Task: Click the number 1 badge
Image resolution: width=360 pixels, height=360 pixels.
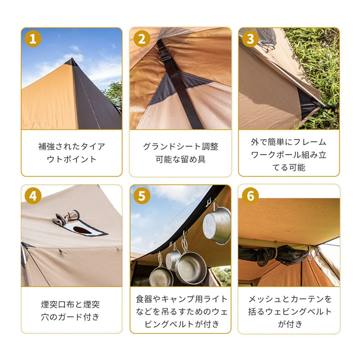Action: (x=33, y=39)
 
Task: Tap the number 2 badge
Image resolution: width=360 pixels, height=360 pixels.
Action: (x=141, y=39)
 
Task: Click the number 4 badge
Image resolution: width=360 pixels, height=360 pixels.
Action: (x=33, y=196)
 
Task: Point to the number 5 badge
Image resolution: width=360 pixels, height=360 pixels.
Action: (x=141, y=196)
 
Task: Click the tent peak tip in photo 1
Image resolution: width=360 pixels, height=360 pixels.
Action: (x=71, y=58)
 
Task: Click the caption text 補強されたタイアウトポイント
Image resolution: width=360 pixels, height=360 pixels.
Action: (x=72, y=153)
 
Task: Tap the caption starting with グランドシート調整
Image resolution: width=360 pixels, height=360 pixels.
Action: (x=180, y=153)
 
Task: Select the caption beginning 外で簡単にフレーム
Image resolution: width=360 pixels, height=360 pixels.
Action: (x=288, y=155)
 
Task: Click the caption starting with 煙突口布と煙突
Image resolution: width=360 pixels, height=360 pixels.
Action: (x=72, y=310)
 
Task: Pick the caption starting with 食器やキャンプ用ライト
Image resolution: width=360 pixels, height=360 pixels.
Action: (x=180, y=311)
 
